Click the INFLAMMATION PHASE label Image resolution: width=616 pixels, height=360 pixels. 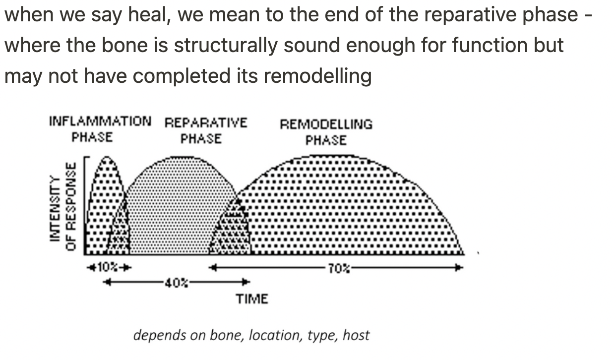click(x=100, y=129)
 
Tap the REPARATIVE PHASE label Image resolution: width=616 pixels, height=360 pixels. click(x=205, y=130)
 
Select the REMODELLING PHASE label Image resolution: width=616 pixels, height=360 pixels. click(x=326, y=132)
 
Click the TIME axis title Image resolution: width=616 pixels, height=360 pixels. click(x=252, y=299)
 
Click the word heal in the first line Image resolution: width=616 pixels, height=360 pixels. click(x=144, y=15)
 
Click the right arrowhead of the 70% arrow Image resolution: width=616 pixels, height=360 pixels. click(x=459, y=268)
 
